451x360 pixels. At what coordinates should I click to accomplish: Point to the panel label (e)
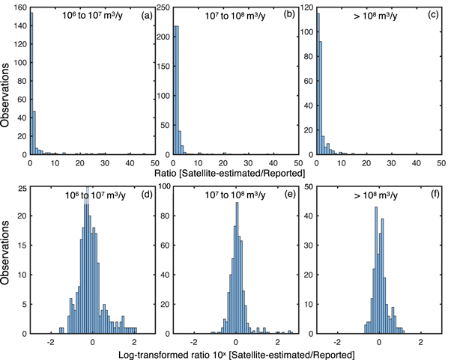pos(289,197)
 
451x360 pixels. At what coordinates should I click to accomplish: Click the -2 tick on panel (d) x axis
pos(49,341)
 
